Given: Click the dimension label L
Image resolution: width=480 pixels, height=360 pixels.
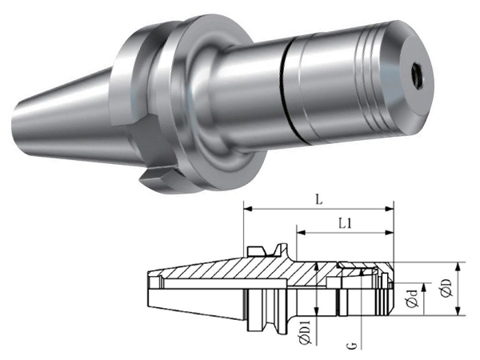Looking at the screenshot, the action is [319, 200].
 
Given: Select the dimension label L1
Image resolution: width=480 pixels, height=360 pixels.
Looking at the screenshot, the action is [345, 224].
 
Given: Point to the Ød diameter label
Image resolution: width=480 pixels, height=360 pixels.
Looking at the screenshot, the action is [414, 298].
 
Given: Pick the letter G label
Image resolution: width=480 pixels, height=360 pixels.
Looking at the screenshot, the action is [352, 346].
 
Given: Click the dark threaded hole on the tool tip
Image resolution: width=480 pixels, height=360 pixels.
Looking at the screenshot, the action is [418, 74].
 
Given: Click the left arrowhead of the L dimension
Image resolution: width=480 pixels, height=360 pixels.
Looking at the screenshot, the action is [247, 209].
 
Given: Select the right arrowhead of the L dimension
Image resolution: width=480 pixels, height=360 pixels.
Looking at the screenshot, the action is [390, 209].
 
